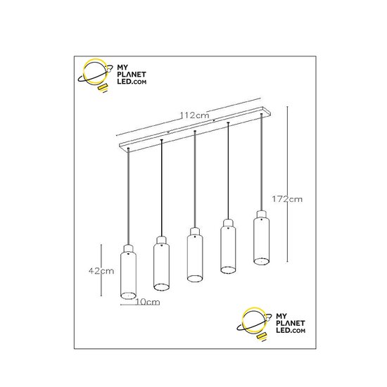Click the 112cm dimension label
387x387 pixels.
[194, 115]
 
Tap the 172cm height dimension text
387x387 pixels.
[287, 199]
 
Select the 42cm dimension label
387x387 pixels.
[101, 271]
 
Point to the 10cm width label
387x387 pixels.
[148, 302]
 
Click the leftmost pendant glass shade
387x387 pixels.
[128, 275]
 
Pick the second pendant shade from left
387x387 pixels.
[161, 267]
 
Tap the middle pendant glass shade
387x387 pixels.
[195, 258]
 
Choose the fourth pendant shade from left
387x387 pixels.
[228, 250]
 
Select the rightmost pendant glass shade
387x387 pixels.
[261, 241]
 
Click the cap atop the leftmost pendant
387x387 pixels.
[128, 248]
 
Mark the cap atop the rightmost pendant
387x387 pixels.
[261, 214]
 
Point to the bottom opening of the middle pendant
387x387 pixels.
[195, 278]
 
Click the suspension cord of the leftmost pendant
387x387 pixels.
[128, 196]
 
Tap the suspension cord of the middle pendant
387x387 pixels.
[195, 179]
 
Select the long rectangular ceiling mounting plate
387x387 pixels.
[195, 128]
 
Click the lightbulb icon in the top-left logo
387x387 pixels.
[95, 75]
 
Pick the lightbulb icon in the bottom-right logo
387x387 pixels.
[254, 324]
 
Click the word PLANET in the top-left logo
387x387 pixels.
[132, 75]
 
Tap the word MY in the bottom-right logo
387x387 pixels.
[281, 316]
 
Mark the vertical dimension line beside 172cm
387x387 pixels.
[287, 184]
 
